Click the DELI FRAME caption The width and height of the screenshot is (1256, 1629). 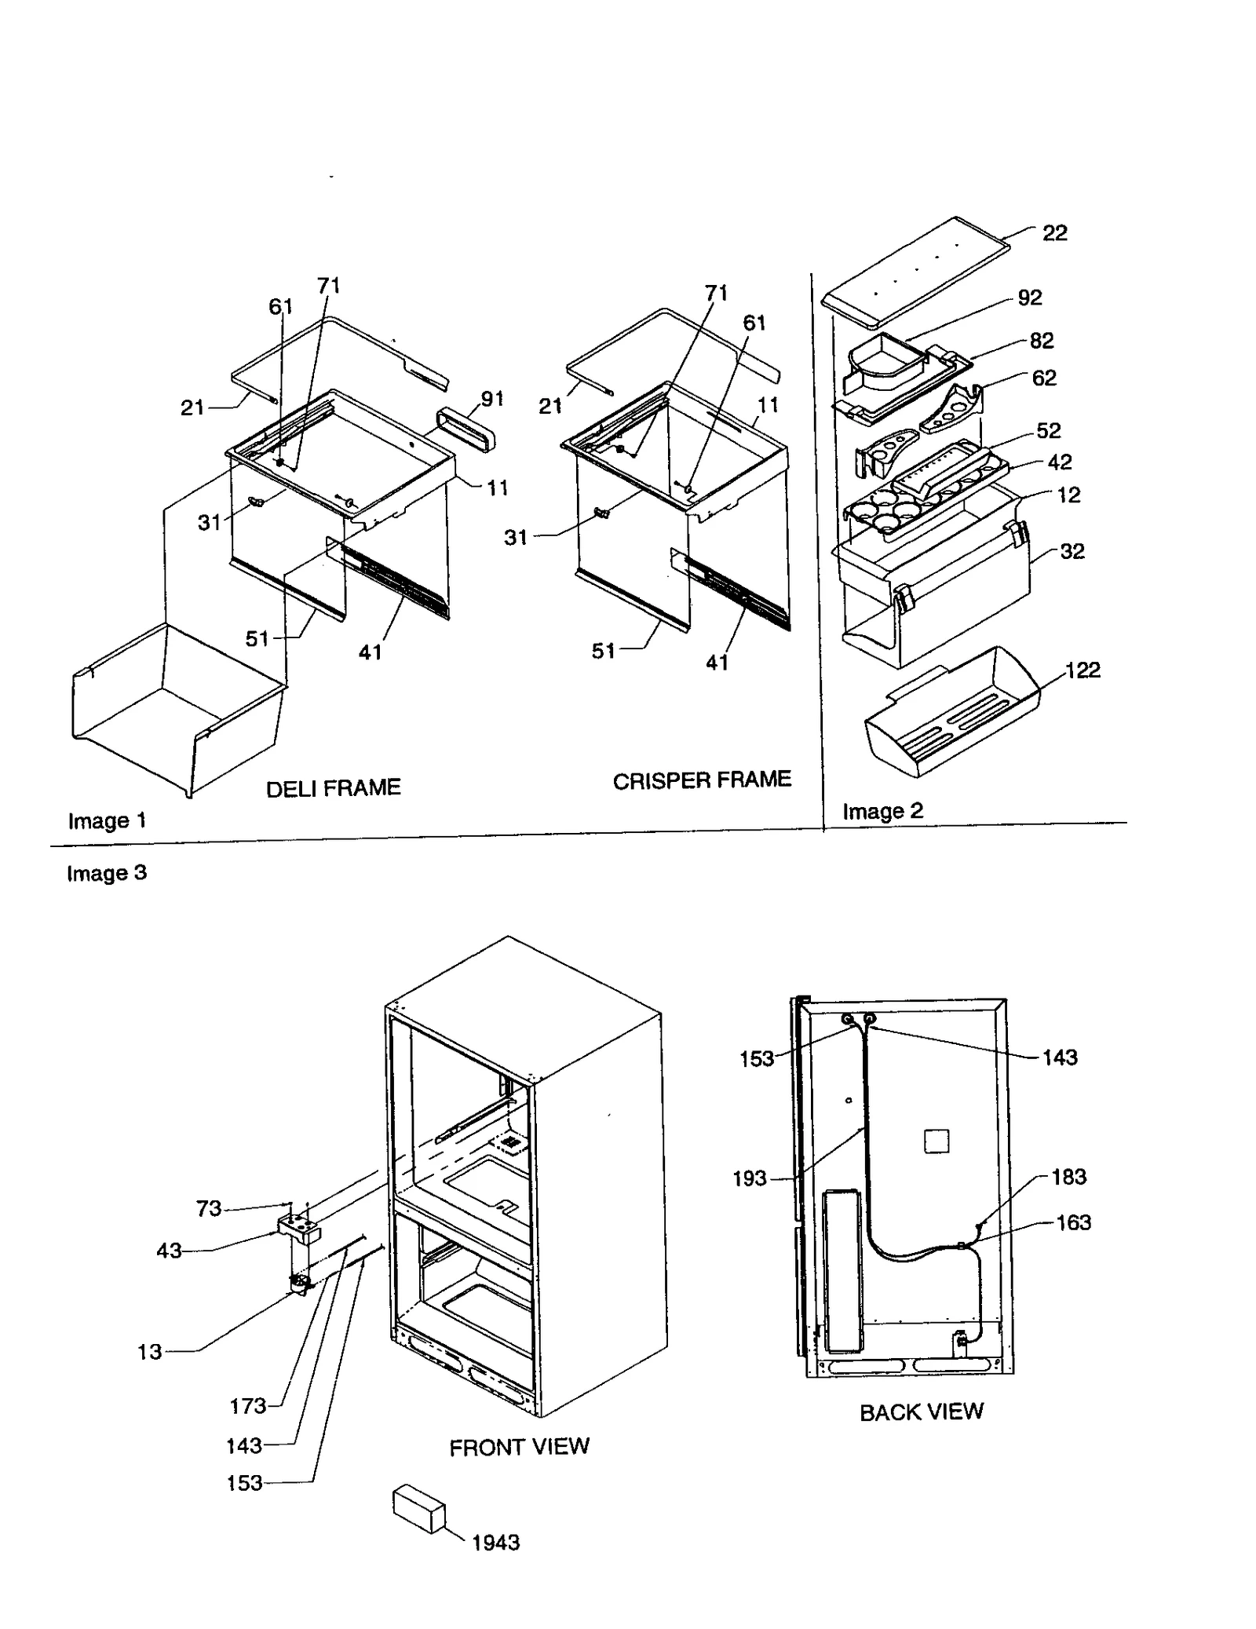[333, 787]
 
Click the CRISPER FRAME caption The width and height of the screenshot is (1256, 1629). [701, 780]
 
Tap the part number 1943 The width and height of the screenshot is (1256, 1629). [495, 1543]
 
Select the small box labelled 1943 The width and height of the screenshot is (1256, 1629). [418, 1508]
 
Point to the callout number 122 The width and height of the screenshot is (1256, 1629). [1083, 670]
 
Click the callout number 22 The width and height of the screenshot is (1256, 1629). [1054, 232]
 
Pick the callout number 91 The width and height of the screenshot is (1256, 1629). [492, 399]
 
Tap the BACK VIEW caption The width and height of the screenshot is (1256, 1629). [921, 1412]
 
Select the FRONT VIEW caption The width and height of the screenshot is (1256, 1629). [519, 1447]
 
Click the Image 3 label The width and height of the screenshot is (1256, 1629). [107, 873]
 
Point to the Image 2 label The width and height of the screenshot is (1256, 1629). [882, 811]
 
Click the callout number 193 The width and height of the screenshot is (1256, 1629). [749, 1178]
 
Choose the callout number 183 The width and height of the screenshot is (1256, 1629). [1068, 1176]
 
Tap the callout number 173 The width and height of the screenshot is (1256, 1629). [247, 1406]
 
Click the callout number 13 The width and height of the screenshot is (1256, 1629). [149, 1352]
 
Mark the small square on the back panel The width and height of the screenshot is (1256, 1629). [937, 1141]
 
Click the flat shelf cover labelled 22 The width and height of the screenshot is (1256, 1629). [915, 271]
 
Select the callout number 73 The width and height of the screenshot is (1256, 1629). [208, 1208]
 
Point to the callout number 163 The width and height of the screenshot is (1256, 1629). [1073, 1222]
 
